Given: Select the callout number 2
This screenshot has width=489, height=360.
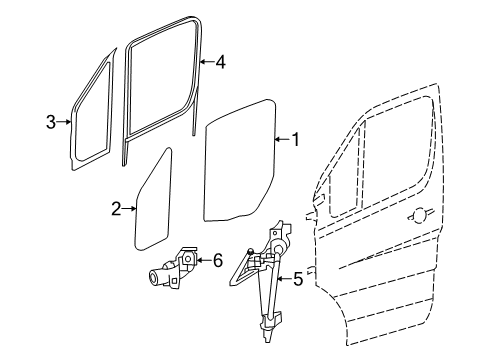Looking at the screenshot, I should [x=116, y=208].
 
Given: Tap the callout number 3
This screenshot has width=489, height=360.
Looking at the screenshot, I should [x=50, y=123].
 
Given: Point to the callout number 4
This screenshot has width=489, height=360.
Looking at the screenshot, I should [x=220, y=61].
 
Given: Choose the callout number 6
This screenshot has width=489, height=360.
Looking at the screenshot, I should [x=217, y=261].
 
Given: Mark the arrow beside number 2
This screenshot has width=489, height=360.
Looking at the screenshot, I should [x=130, y=208].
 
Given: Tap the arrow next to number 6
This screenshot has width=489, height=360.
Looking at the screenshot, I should [x=203, y=261].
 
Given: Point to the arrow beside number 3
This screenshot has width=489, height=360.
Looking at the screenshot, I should [x=64, y=123].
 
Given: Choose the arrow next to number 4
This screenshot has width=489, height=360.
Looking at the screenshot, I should [x=206, y=61].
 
